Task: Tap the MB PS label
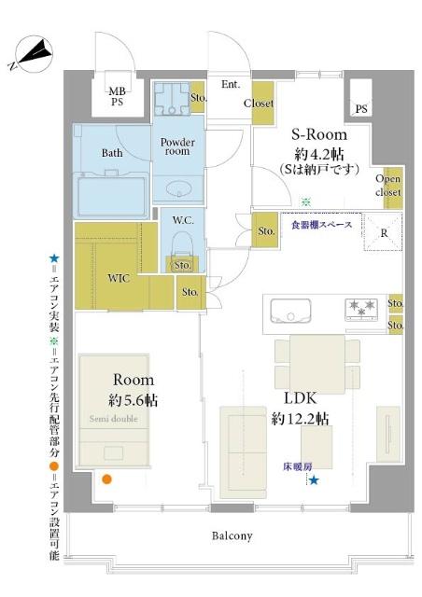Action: coord(116,96)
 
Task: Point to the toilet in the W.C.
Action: coord(182,245)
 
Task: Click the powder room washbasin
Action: coord(177,190)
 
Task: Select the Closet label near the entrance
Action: coord(259,104)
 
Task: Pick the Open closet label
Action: coord(388,186)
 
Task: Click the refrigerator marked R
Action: coord(384,234)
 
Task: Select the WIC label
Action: coord(119,276)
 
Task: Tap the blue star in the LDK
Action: coord(314,480)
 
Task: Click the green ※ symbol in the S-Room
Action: coord(304,201)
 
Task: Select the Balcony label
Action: coord(231,535)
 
